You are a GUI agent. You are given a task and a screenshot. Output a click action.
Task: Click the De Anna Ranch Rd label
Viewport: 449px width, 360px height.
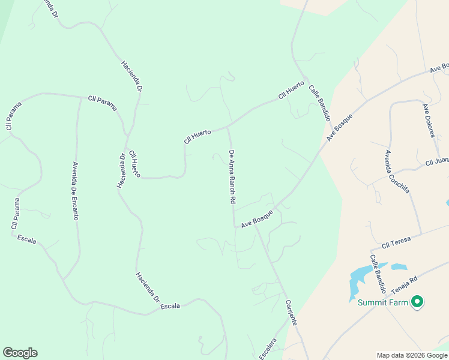(x=231, y=178)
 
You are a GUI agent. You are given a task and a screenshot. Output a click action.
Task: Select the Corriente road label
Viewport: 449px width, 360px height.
(x=291, y=312)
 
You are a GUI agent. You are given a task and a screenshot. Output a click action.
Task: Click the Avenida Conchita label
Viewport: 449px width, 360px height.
(x=397, y=171)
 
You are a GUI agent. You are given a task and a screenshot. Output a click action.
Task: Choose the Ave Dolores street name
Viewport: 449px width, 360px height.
(x=428, y=121)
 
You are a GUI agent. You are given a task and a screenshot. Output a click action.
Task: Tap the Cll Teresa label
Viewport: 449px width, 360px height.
(x=396, y=241)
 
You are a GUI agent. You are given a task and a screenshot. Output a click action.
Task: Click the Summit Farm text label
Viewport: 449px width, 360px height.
(x=383, y=302)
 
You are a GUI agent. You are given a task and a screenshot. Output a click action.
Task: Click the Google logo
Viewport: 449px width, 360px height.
(x=20, y=353)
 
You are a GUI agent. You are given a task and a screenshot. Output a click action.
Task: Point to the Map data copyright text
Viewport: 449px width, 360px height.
(x=412, y=355)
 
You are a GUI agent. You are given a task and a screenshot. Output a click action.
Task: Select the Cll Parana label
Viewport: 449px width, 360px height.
(x=102, y=103)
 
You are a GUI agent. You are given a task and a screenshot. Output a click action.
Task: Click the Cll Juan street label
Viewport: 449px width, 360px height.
(x=437, y=161)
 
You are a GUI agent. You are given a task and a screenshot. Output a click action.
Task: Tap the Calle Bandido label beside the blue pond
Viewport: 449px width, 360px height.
(x=378, y=271)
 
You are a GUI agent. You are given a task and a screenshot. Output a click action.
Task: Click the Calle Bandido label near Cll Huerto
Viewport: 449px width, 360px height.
(x=320, y=103)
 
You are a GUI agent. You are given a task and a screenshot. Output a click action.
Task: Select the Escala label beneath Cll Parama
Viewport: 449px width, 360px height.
(x=26, y=240)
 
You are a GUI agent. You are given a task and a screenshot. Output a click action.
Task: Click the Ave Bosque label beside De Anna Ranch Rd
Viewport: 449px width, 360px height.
(x=257, y=219)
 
